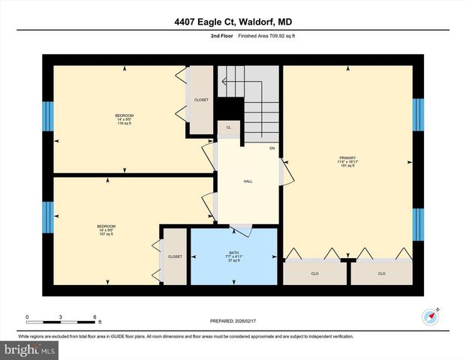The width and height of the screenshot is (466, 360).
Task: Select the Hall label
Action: point(248,181)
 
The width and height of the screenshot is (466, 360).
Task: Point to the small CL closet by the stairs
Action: point(228,127)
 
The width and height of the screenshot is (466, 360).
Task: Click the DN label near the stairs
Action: point(272,148)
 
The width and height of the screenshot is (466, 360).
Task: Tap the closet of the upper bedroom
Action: point(201,100)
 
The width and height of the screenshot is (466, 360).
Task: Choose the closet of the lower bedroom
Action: point(175,256)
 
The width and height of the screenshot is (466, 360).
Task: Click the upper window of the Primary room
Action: point(418,115)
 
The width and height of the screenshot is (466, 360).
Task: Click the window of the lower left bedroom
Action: point(48,217)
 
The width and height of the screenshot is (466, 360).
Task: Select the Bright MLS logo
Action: point(30,349)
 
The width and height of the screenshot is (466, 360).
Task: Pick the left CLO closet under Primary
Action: point(314,273)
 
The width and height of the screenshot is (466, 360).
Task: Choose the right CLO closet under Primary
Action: point(381,273)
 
